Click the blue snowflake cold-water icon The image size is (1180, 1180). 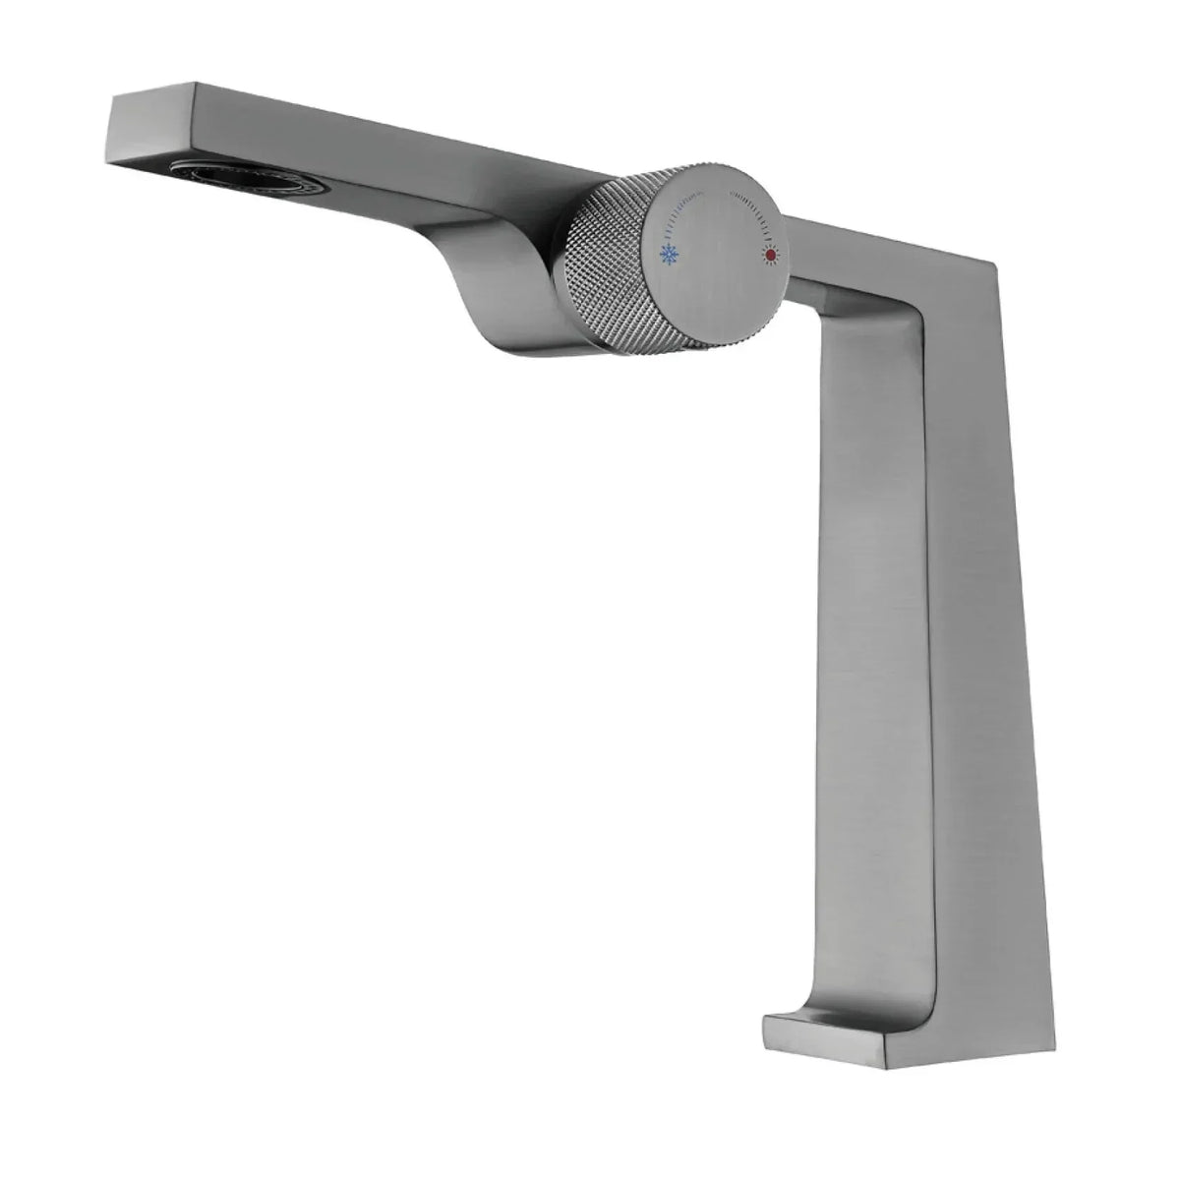point(670,256)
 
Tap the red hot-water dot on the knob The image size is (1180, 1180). point(769,256)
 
